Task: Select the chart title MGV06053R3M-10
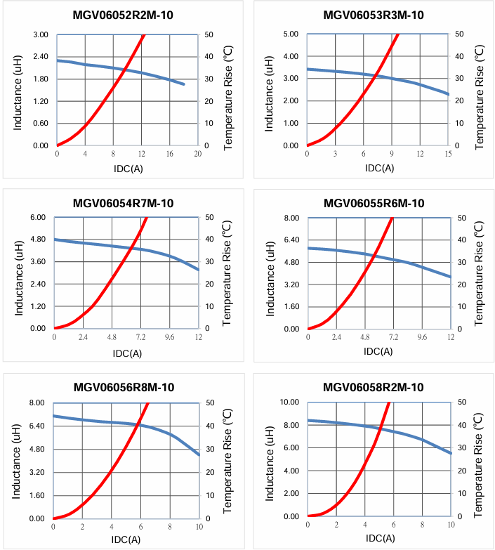(374, 15)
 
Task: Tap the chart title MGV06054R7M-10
(124, 204)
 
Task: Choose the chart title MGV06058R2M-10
(374, 387)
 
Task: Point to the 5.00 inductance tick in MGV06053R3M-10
(289, 34)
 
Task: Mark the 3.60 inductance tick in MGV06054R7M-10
(39, 262)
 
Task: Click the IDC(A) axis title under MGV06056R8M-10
(127, 539)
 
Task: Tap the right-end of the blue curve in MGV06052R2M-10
(184, 84)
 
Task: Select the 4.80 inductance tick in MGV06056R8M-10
(37, 450)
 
